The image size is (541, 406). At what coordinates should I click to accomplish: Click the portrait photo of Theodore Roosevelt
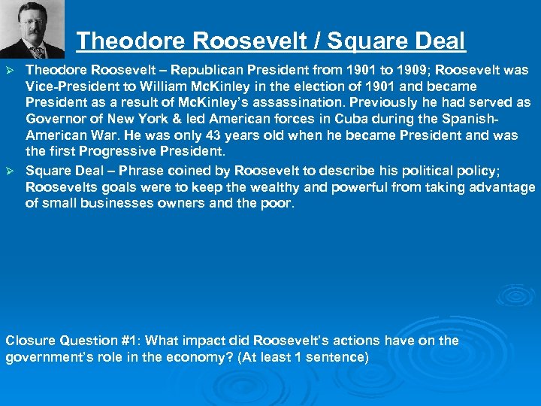click(x=32, y=29)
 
